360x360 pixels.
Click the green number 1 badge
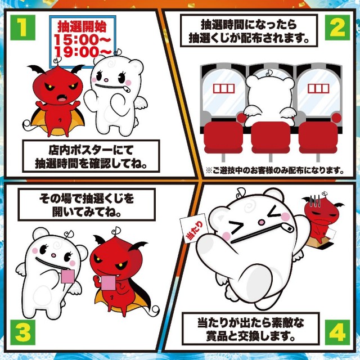point(22,28)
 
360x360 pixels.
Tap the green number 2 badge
point(337,28)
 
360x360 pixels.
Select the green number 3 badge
point(22,332)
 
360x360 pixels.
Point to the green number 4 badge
point(337,332)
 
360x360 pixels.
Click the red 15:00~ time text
point(82,39)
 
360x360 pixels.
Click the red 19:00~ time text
point(83,51)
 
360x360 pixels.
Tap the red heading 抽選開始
point(82,26)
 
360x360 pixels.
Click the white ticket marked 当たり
point(194,228)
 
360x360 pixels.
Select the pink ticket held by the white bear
point(67,276)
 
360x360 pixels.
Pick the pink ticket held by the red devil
point(109,283)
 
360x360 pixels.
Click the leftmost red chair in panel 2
point(223,137)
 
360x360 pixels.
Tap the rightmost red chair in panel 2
point(318,137)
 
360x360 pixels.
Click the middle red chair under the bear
point(271,137)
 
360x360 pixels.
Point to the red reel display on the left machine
point(224,89)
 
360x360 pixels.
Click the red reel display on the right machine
point(318,89)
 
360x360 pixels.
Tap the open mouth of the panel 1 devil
point(62,99)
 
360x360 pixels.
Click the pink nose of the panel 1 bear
point(106,80)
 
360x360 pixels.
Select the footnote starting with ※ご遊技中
point(274,170)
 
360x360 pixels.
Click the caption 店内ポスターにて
point(91,150)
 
